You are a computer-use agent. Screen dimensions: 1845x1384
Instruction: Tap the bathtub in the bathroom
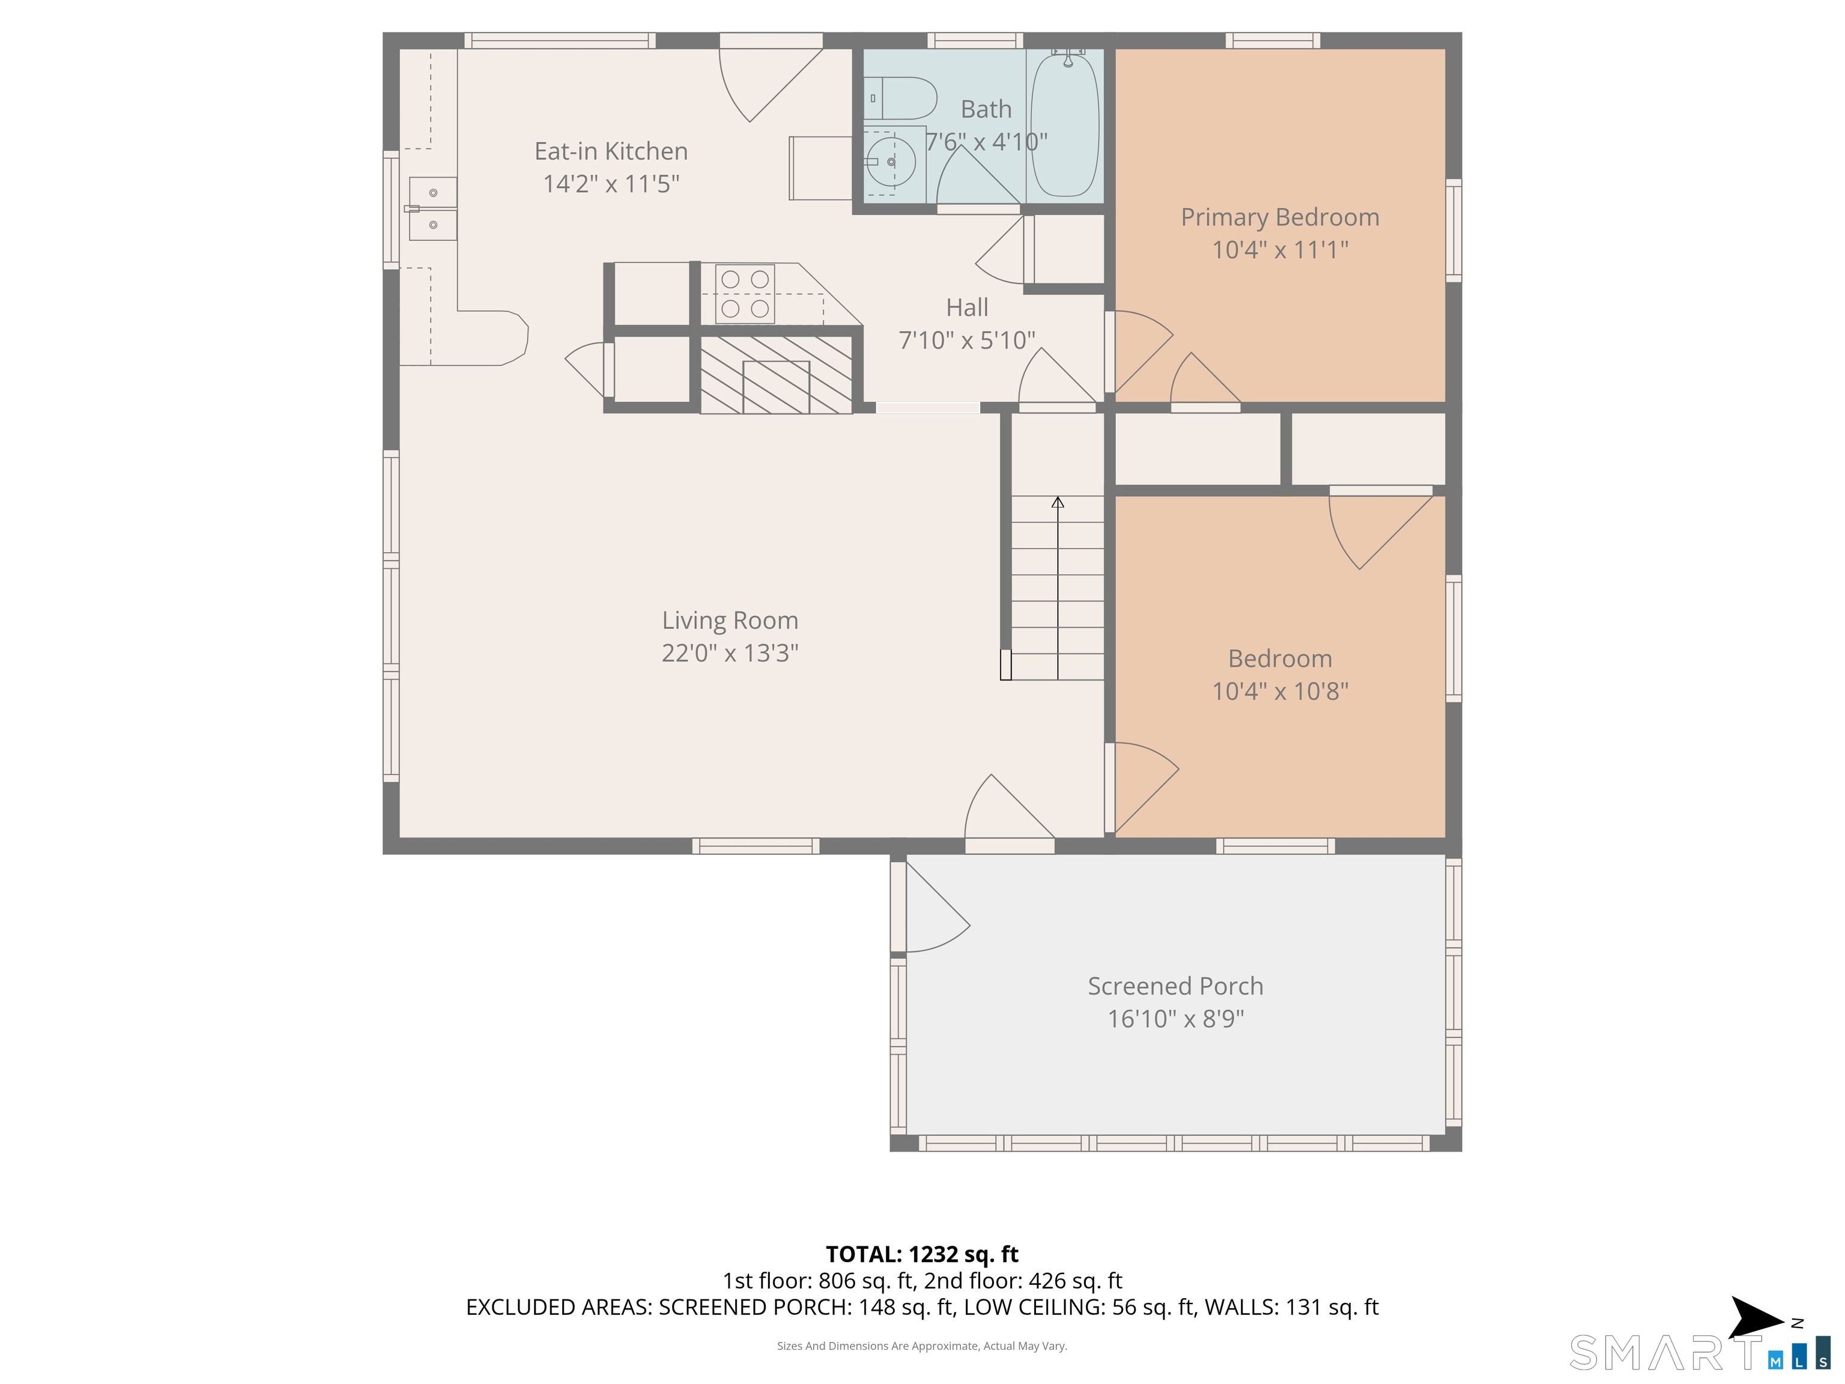1065,124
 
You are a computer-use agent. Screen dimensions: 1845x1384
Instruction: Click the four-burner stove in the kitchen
745,294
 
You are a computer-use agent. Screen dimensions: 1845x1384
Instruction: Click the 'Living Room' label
730,620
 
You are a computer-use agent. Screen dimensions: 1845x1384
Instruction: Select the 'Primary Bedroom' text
1279,217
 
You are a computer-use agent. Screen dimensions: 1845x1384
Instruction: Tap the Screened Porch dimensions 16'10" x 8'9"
1175,1019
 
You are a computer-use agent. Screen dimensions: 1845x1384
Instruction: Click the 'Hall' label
967,307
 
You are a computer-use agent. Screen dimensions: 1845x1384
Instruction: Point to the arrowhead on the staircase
1058,502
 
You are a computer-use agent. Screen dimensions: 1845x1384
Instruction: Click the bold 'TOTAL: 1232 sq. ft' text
922,1254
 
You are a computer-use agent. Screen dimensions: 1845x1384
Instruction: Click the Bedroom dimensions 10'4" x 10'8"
1279,691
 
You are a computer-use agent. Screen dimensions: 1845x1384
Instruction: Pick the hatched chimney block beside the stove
776,375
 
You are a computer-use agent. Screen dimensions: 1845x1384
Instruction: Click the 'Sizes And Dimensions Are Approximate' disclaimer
922,1346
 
